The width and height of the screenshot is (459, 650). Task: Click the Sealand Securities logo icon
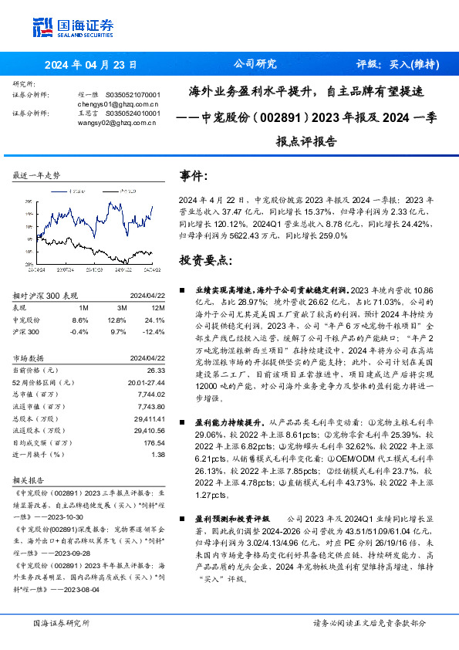pos(43,29)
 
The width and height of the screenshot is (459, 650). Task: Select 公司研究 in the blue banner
pos(254,65)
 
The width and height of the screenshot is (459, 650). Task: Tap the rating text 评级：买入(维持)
pos(398,65)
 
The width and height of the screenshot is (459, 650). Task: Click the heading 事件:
pos(194,176)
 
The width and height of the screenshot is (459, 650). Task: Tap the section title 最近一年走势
pos(37,176)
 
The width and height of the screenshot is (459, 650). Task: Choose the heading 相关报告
pos(30,479)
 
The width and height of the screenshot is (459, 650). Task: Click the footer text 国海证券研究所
pos(62,623)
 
